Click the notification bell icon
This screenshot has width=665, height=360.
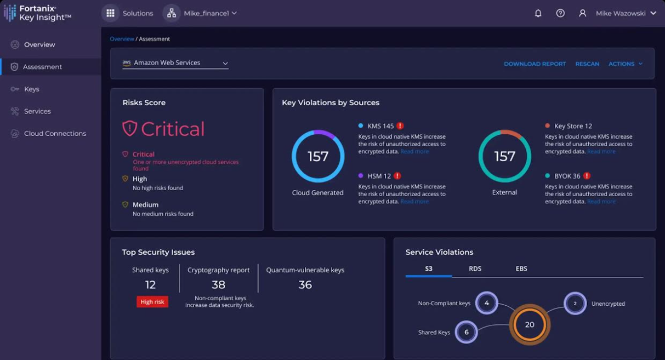(x=538, y=13)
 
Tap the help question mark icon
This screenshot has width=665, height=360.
(x=560, y=13)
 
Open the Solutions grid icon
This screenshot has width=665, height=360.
(x=110, y=13)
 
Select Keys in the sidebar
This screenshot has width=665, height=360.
(x=32, y=89)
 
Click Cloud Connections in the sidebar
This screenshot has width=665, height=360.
(x=55, y=134)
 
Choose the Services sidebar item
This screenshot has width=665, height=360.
(x=37, y=111)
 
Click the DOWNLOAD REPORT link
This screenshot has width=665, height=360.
(x=535, y=64)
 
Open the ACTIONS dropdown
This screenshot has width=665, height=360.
(x=625, y=64)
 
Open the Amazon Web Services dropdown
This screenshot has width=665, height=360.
(x=175, y=63)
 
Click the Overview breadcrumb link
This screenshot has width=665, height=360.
(x=122, y=39)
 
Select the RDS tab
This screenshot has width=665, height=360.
(x=475, y=268)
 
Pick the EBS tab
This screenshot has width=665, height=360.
(x=521, y=268)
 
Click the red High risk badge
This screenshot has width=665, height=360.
(x=152, y=302)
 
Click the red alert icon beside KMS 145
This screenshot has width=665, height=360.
(x=400, y=126)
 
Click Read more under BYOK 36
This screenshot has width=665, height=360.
(x=601, y=202)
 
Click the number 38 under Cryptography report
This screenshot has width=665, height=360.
(x=219, y=284)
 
